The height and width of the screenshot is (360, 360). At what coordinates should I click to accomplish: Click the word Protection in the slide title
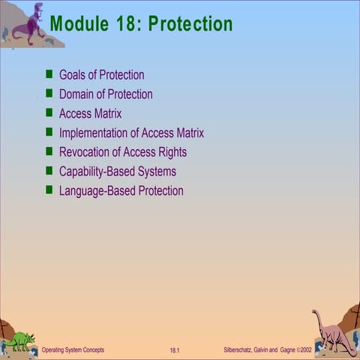(x=190, y=24)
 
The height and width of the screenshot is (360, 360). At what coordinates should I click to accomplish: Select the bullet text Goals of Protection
(x=101, y=75)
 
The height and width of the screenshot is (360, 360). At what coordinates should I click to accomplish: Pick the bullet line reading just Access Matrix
(x=90, y=114)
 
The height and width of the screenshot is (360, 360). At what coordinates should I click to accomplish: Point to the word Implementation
(x=97, y=133)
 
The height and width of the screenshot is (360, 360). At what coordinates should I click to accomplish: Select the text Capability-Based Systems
(x=118, y=172)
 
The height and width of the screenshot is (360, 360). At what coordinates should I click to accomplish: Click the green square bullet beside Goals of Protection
(x=49, y=74)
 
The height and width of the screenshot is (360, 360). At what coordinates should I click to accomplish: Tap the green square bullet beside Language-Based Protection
(x=49, y=190)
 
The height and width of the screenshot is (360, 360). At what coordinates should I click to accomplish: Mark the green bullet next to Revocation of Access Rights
(x=49, y=151)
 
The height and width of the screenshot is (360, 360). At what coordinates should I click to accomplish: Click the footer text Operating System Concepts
(x=73, y=350)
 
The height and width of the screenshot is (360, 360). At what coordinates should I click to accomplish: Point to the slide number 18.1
(x=175, y=350)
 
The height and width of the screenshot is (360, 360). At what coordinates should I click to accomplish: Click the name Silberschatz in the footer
(x=241, y=350)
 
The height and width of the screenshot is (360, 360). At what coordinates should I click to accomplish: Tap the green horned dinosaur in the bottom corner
(x=19, y=340)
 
